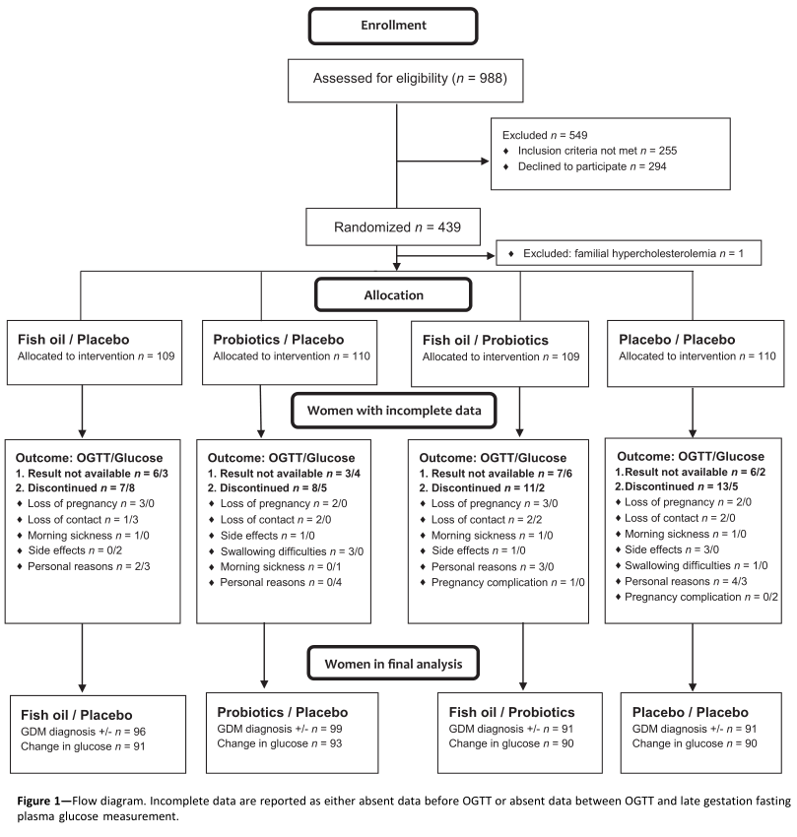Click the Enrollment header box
point(393,26)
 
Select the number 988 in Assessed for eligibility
point(491,79)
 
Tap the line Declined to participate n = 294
point(592,166)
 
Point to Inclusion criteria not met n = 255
point(597,151)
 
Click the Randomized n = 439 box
point(393,226)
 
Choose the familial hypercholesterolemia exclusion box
point(629,253)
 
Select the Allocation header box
point(393,294)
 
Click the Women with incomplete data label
point(394,411)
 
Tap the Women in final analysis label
point(393,664)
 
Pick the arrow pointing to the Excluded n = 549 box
point(443,161)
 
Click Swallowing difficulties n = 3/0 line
point(292,551)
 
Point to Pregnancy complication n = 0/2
point(701,597)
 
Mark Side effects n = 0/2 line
point(75,550)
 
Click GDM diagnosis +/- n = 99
point(280,729)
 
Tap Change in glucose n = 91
point(83,746)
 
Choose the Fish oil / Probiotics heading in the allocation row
point(485,340)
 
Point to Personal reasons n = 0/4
point(281,582)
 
